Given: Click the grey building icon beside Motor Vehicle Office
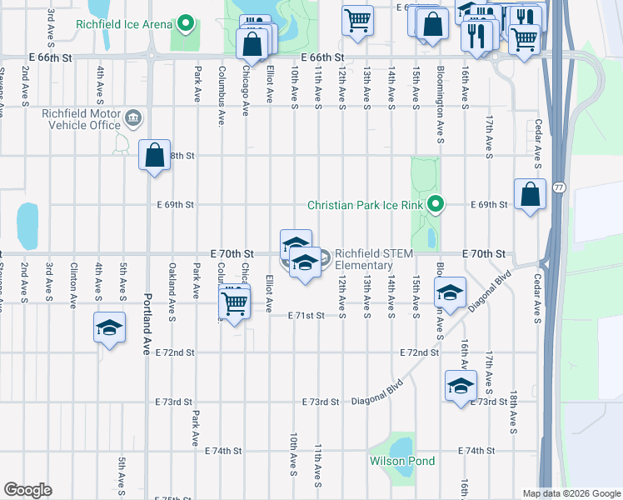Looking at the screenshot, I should [x=132, y=119].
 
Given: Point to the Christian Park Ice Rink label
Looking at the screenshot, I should [x=366, y=204].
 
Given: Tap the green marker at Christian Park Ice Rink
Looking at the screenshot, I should [x=435, y=204].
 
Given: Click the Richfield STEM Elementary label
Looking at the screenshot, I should [x=364, y=260].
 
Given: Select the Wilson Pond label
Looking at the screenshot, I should [x=402, y=461].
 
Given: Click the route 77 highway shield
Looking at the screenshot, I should [x=558, y=187].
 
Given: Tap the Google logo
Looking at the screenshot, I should [x=27, y=490].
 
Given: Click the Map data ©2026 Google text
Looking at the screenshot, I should [x=571, y=493].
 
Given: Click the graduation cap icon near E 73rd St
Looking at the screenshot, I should [x=460, y=385].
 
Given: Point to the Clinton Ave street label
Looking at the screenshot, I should [x=74, y=281].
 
